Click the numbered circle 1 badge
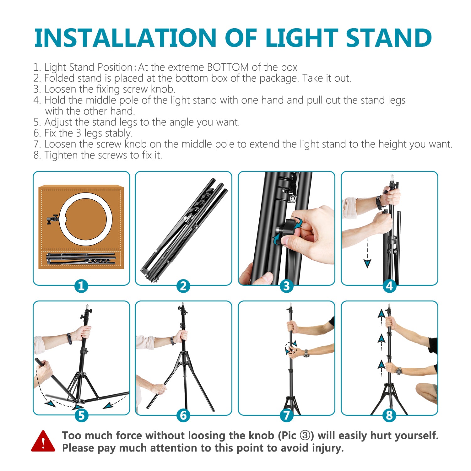click(x=81, y=286)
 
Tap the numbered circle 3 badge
click(x=286, y=286)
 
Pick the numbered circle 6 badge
click(x=183, y=415)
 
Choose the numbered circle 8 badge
click(x=389, y=415)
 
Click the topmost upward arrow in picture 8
click(x=381, y=314)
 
